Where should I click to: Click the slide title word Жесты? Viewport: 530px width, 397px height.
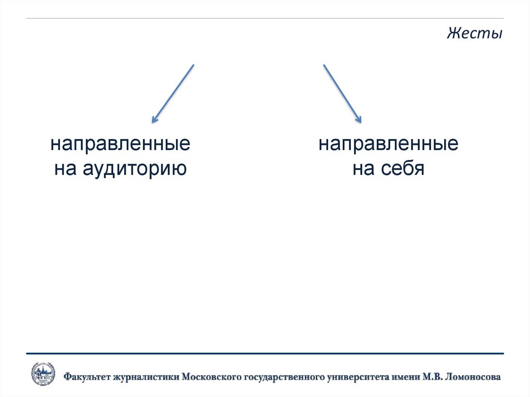tap(475, 35)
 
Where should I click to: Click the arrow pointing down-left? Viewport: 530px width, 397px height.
tap(173, 93)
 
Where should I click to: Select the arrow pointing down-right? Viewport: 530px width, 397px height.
tap(342, 93)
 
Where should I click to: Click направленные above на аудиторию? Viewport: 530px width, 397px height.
tap(120, 144)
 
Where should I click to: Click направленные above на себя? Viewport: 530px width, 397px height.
tap(388, 144)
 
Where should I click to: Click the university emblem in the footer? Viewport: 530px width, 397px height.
tap(43, 374)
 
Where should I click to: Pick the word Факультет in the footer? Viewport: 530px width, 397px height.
tap(87, 377)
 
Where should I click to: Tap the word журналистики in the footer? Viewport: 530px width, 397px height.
tap(146, 377)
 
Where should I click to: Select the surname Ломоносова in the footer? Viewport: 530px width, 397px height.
tap(474, 377)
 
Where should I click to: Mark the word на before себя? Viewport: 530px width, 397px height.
tap(363, 169)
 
